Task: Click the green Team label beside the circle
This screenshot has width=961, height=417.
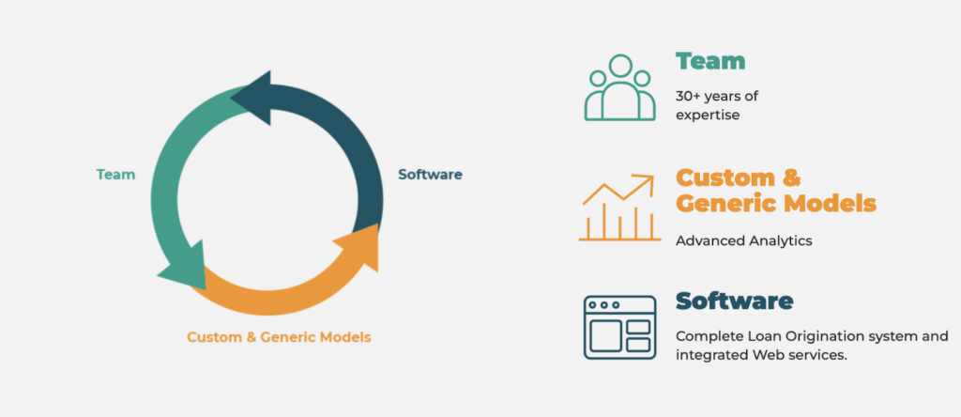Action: click(x=115, y=175)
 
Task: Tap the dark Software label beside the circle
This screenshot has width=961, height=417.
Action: click(x=430, y=175)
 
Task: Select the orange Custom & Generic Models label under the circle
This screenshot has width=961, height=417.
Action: click(x=279, y=337)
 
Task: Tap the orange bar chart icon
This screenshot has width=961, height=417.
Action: click(x=619, y=208)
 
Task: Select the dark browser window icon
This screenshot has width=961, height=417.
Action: click(x=619, y=327)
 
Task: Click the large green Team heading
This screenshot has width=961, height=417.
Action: click(x=710, y=61)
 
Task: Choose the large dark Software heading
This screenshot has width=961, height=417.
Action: click(x=734, y=301)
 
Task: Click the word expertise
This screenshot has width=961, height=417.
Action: click(x=708, y=116)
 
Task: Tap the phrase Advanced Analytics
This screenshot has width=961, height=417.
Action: click(x=744, y=241)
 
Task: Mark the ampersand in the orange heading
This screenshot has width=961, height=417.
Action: click(x=776, y=178)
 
